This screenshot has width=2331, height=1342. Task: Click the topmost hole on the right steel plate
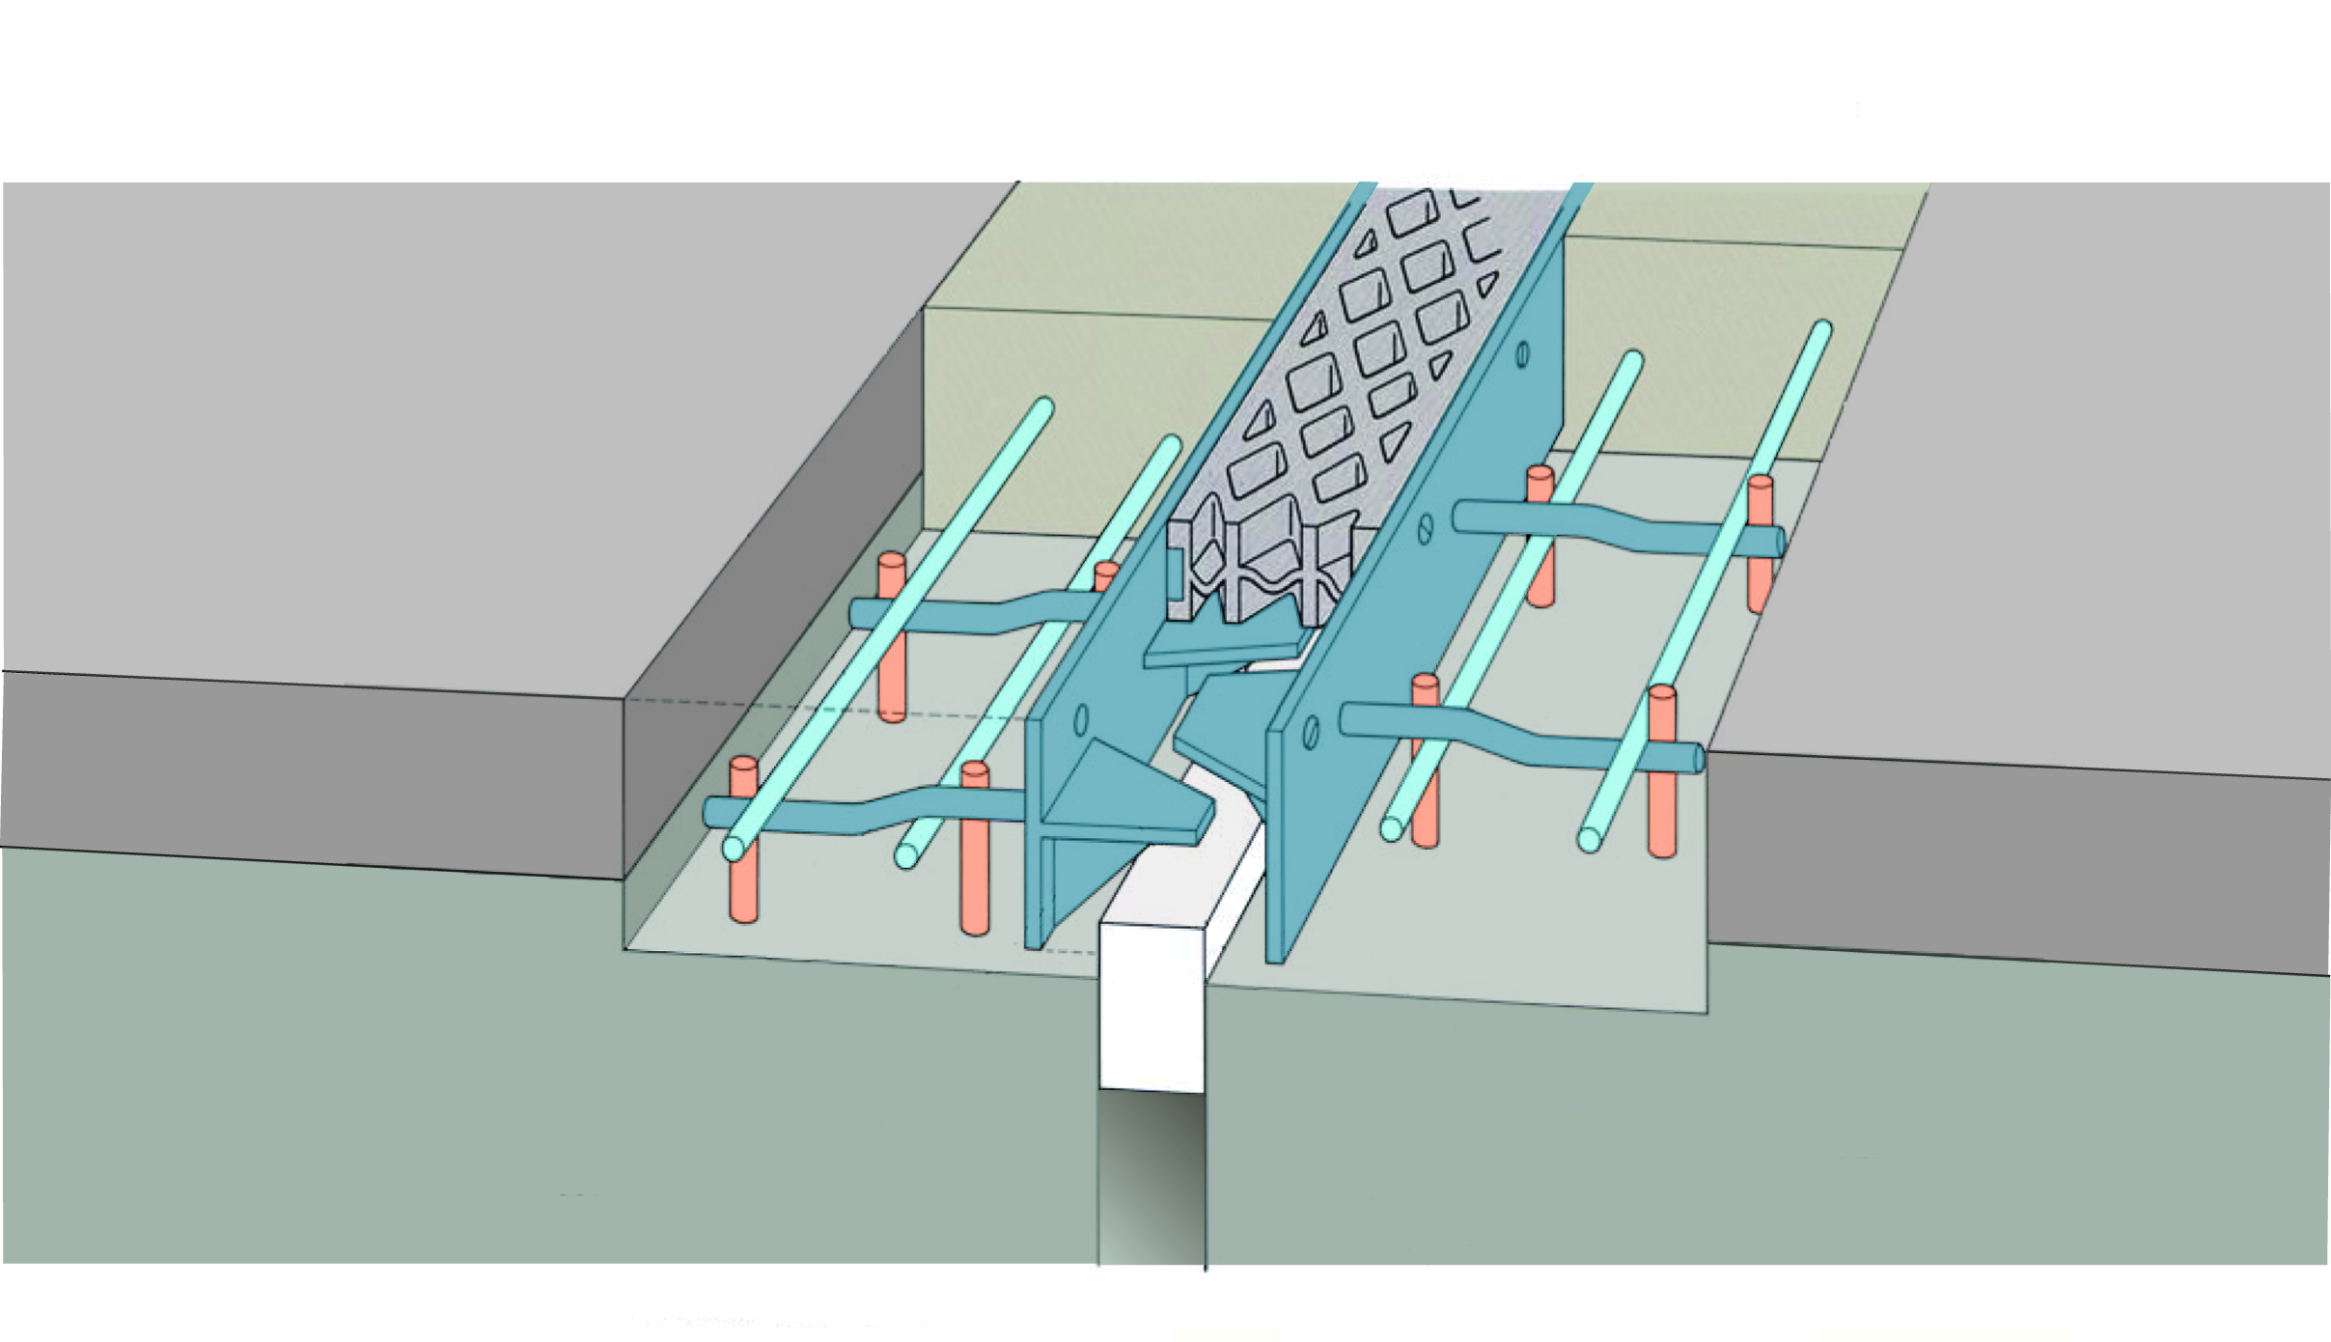pyautogui.click(x=1522, y=354)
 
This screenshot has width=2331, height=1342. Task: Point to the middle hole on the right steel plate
pyautogui.click(x=1426, y=526)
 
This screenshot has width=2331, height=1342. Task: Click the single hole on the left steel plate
pyautogui.click(x=1081, y=719)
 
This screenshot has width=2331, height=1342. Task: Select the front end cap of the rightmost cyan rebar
pyautogui.click(x=1589, y=839)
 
